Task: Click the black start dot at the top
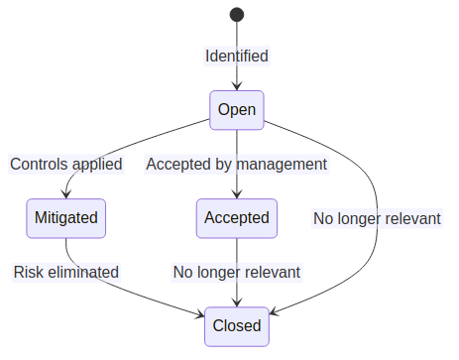[237, 14]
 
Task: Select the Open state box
[237, 109]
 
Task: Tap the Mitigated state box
[66, 217]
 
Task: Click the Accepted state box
[236, 217]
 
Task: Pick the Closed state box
[237, 325]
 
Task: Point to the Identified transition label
[237, 56]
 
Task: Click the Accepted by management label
[236, 164]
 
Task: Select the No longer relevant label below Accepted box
[236, 272]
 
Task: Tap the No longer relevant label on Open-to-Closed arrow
[377, 218]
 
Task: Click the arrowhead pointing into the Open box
[237, 86]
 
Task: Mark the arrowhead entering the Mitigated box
[66, 194]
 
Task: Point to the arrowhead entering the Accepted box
[236, 194]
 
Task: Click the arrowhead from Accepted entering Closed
[237, 302]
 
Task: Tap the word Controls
[39, 164]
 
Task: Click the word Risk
[28, 272]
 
